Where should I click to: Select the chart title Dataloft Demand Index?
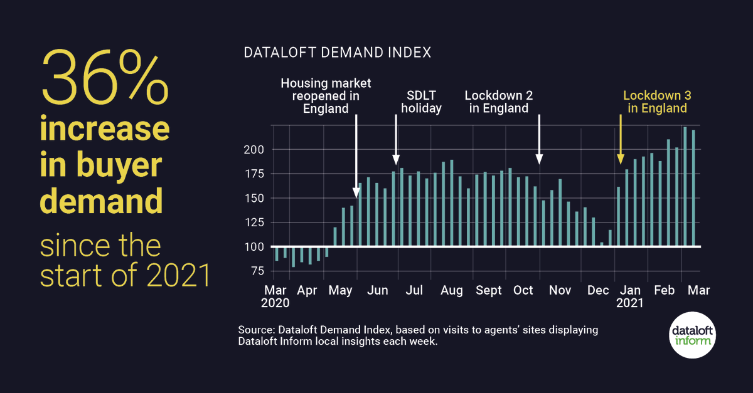[337, 53]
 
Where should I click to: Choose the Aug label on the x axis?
[452, 291]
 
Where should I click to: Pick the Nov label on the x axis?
[560, 291]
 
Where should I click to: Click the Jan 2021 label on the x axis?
[629, 296]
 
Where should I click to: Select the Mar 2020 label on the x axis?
[276, 296]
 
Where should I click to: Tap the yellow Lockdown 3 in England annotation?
[654, 102]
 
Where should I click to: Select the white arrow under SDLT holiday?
[396, 138]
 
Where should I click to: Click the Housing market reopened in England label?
[326, 95]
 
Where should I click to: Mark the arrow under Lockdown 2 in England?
[539, 138]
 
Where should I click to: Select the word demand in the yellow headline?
[102, 202]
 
